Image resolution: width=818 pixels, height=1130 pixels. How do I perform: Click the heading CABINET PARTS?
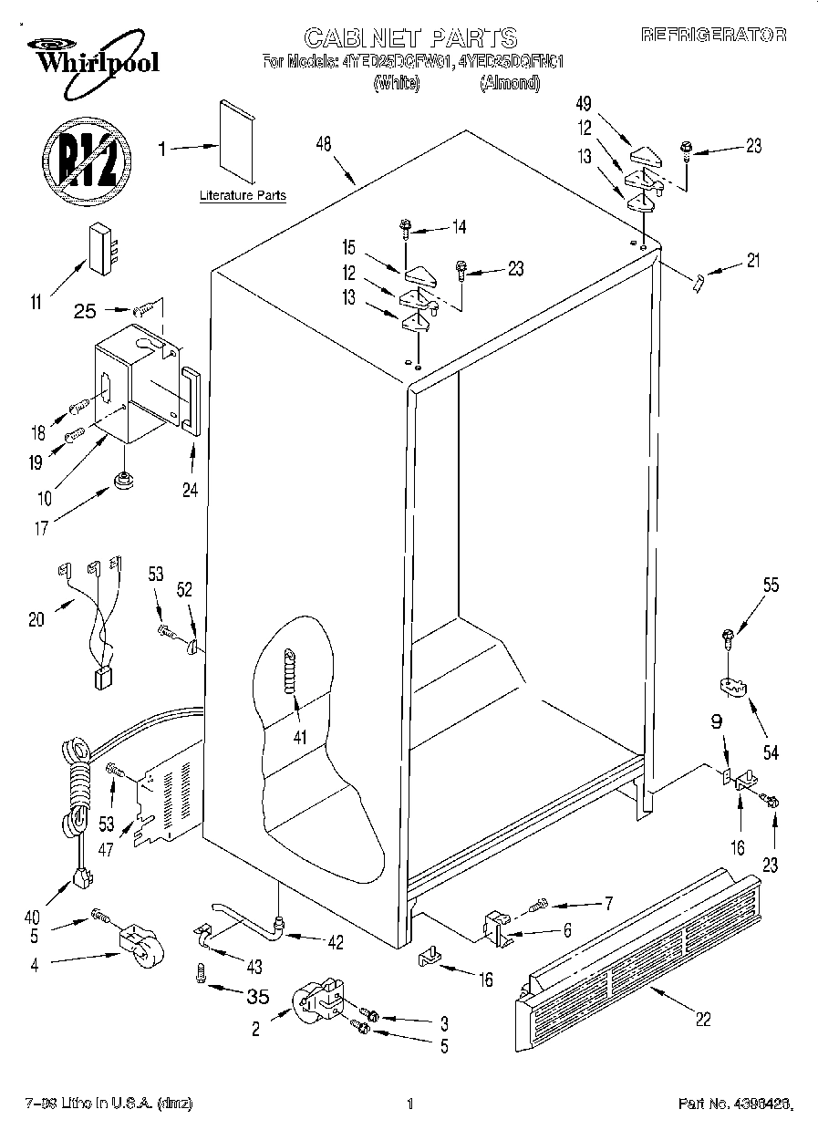(409, 37)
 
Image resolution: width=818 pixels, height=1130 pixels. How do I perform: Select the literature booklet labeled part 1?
(239, 141)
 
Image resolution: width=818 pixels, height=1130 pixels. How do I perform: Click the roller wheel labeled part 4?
(138, 945)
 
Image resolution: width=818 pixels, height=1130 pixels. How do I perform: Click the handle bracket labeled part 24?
(189, 398)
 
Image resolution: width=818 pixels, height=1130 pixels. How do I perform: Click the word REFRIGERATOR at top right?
(713, 36)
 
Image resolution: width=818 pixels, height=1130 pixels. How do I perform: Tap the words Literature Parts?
(243, 195)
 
